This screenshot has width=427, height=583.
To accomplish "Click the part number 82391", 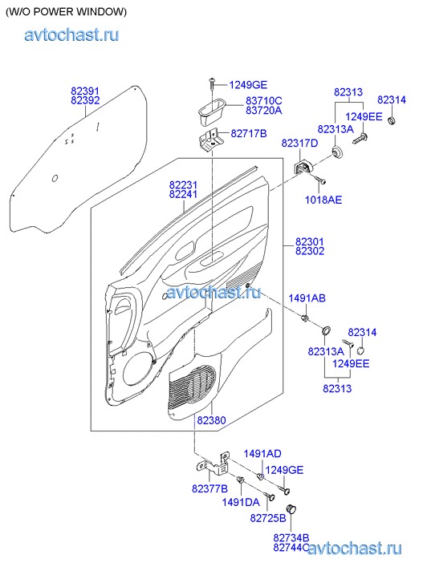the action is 85,91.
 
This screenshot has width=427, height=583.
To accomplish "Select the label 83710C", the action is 263,101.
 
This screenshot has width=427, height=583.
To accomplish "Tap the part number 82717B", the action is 249,133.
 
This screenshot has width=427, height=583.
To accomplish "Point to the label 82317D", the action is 299,143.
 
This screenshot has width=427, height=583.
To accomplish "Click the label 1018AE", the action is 323,200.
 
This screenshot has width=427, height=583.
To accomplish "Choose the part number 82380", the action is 211,420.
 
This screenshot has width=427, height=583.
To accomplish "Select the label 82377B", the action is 209,489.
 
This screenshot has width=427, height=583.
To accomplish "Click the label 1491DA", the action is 241,502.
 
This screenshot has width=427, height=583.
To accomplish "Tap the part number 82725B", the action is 268,518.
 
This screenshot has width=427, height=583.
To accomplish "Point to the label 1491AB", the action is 307,298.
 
